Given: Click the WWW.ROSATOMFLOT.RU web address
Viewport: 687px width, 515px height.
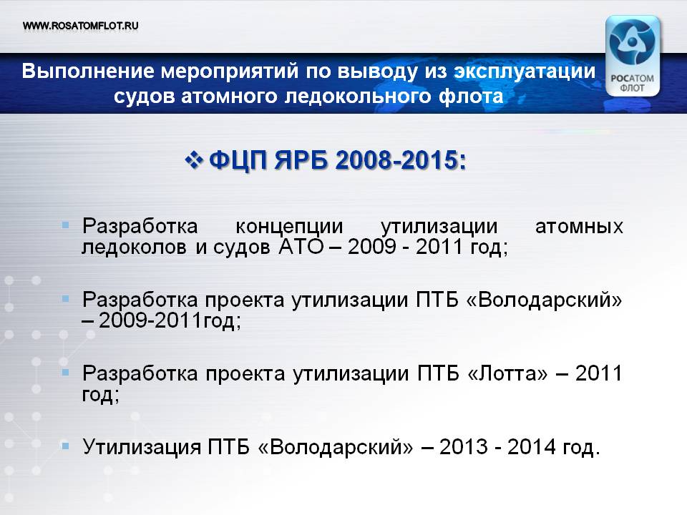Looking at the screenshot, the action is (x=81, y=26).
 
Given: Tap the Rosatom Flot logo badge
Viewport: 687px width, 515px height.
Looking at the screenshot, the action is (x=632, y=56).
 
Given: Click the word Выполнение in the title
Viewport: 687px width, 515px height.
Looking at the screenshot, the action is (x=88, y=71).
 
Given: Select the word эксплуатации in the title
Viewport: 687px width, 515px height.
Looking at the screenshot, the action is (x=525, y=72).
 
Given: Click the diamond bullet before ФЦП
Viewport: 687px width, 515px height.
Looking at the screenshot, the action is (x=193, y=160).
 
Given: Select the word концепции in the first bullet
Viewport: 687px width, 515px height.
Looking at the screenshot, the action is (x=289, y=227).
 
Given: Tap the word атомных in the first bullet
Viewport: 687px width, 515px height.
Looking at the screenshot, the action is (x=579, y=227).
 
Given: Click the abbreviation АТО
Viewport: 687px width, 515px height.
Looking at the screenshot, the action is (x=301, y=247).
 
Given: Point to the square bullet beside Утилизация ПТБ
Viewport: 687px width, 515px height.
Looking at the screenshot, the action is (x=66, y=446).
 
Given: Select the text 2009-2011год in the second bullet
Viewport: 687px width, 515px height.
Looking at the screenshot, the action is (x=170, y=320).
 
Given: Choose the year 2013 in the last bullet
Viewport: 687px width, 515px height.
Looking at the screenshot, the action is (x=464, y=447).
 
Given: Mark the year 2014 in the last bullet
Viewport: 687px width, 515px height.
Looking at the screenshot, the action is (x=532, y=447).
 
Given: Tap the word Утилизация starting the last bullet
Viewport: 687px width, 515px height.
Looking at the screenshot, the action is (x=142, y=447).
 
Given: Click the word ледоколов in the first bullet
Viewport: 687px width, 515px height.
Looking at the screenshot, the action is (x=134, y=247).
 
